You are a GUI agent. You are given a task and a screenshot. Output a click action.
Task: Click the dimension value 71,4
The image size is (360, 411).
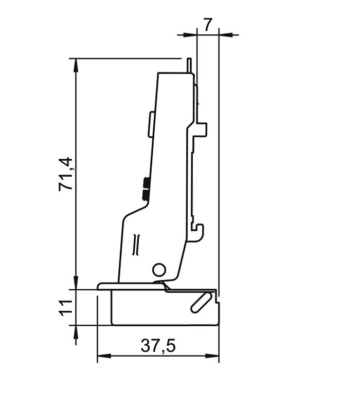(x=65, y=174)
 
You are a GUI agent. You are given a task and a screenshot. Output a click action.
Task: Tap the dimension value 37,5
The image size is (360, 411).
(x=158, y=346)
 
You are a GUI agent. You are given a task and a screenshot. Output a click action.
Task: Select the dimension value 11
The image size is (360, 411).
(x=65, y=308)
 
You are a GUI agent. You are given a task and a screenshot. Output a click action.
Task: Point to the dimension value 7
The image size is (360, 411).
(x=207, y=25)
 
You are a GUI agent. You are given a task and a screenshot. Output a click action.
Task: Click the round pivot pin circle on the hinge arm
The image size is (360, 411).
(x=159, y=270)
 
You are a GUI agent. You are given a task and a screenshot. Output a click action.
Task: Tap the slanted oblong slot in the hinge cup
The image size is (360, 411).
(x=202, y=303)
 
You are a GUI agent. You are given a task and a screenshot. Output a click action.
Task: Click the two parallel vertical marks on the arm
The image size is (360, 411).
(x=136, y=245)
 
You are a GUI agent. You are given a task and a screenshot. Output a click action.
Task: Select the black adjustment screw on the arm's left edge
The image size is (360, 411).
(x=146, y=188)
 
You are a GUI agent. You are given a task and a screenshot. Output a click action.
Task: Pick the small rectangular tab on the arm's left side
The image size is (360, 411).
(x=151, y=124)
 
